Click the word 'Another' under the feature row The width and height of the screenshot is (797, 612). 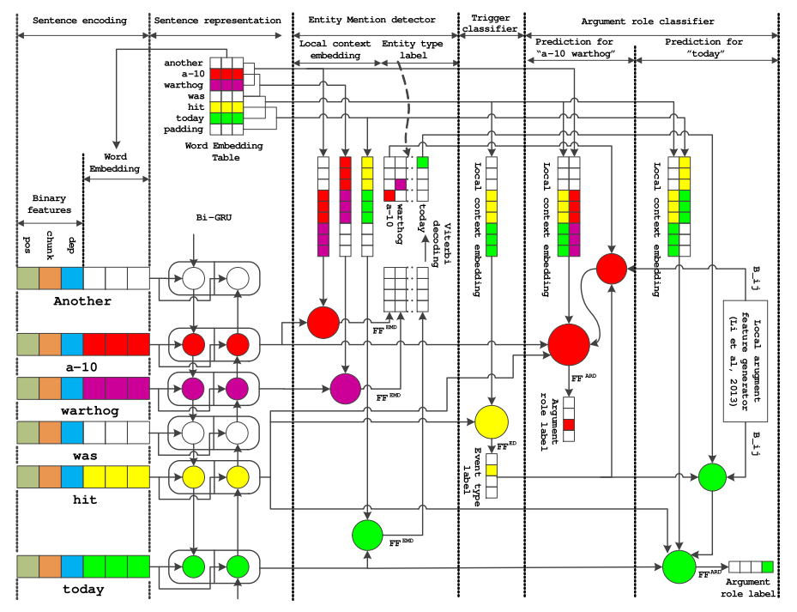coord(82,301)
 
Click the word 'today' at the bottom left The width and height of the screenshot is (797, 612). coord(82,589)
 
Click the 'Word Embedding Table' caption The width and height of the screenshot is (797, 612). coord(224,152)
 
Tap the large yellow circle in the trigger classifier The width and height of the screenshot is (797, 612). coord(492,421)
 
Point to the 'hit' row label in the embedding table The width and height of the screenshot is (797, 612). coord(196,106)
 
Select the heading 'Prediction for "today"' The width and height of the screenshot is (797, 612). coord(706,48)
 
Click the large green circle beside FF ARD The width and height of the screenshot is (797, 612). coord(679,567)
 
